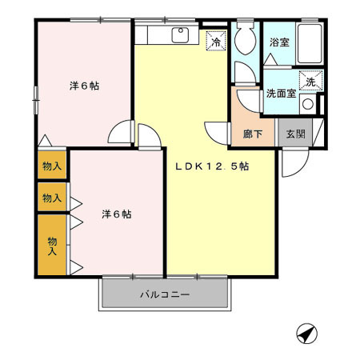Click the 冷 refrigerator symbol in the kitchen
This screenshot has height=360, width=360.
pyautogui.click(x=215, y=39)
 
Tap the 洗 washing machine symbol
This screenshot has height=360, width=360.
pyautogui.click(x=310, y=81)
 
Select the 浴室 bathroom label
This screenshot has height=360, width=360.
pyautogui.click(x=279, y=42)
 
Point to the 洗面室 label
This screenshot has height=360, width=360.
pyautogui.click(x=281, y=93)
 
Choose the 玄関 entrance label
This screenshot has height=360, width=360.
pyautogui.click(x=294, y=134)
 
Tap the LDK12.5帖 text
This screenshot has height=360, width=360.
pyautogui.click(x=212, y=167)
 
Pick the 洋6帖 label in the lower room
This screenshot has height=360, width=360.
pyautogui.click(x=116, y=214)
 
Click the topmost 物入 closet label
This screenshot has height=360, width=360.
pyautogui.click(x=51, y=166)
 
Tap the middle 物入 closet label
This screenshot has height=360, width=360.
pyautogui.click(x=51, y=198)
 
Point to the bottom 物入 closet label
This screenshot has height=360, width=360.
pyautogui.click(x=51, y=245)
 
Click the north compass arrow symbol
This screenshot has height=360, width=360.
pyautogui.click(x=306, y=333)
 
